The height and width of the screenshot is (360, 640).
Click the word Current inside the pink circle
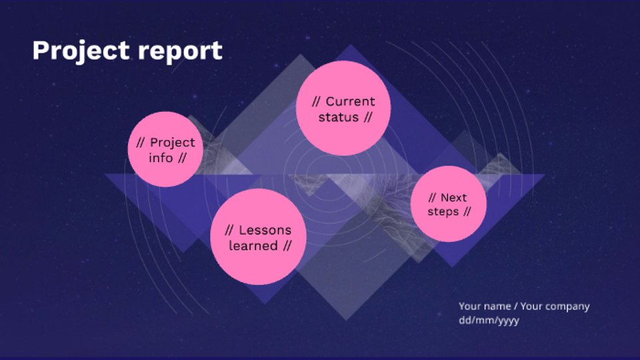(x=350, y=101)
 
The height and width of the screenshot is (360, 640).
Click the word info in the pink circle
(x=161, y=158)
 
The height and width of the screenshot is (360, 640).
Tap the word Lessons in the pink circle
(x=265, y=230)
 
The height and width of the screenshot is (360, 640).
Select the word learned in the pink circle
(x=253, y=246)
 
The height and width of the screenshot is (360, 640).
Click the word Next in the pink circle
(x=453, y=197)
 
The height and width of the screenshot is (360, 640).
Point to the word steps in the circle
(x=443, y=212)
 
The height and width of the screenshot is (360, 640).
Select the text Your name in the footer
(x=483, y=306)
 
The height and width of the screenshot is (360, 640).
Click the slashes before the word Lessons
(x=229, y=230)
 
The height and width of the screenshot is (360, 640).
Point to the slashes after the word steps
(x=467, y=212)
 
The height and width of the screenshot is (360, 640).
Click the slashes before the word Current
(x=317, y=101)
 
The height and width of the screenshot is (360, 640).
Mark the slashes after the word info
(x=181, y=158)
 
